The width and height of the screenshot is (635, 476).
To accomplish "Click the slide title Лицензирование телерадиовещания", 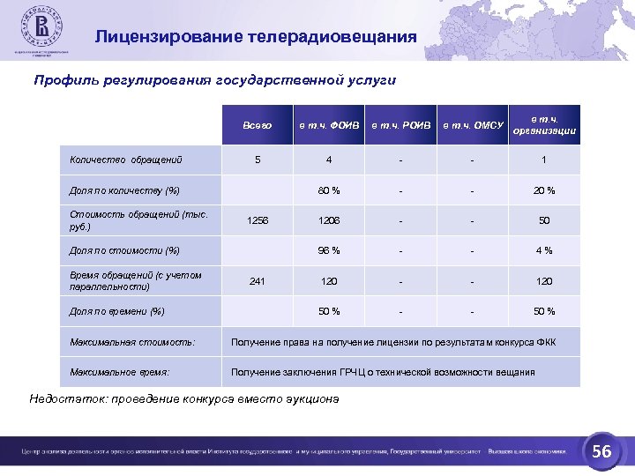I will tap(256, 37).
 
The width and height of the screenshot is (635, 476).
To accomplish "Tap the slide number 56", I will tap(601, 451).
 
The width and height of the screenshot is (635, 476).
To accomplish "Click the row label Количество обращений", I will tap(126, 160).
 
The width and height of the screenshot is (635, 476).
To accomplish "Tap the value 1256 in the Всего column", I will tap(257, 220).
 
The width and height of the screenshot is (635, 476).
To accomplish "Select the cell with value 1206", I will tap(328, 220).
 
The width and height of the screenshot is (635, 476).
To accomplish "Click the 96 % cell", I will tap(328, 250).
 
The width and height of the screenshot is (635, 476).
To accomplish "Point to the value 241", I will tap(257, 281).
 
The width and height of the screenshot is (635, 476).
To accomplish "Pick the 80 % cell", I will tap(328, 190).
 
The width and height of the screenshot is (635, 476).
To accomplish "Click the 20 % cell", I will tap(544, 190).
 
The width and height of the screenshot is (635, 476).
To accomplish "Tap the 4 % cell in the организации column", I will tap(544, 250).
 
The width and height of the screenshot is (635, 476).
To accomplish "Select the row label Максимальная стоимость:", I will tap(132, 341).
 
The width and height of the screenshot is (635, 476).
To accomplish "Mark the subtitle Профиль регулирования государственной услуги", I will tap(215, 80).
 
